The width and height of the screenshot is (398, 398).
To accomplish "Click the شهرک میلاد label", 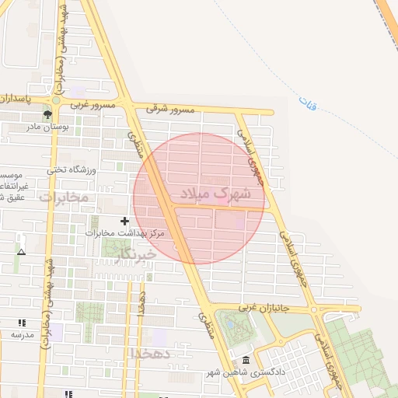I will click(x=215, y=194).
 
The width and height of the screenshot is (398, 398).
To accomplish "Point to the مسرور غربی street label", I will click(x=93, y=103).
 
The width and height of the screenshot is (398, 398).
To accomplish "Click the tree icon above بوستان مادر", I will click(x=48, y=114).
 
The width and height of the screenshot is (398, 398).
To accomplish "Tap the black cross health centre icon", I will click(x=125, y=222).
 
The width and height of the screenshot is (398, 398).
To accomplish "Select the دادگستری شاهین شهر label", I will click(x=248, y=372).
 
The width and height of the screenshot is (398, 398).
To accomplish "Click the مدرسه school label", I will click(x=22, y=334).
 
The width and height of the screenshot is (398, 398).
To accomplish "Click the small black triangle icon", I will click(x=21, y=252).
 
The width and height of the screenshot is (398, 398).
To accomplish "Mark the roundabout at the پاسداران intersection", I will click(x=56, y=99).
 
